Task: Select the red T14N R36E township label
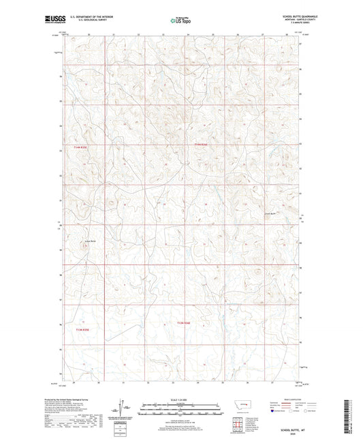tap(199, 144)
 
